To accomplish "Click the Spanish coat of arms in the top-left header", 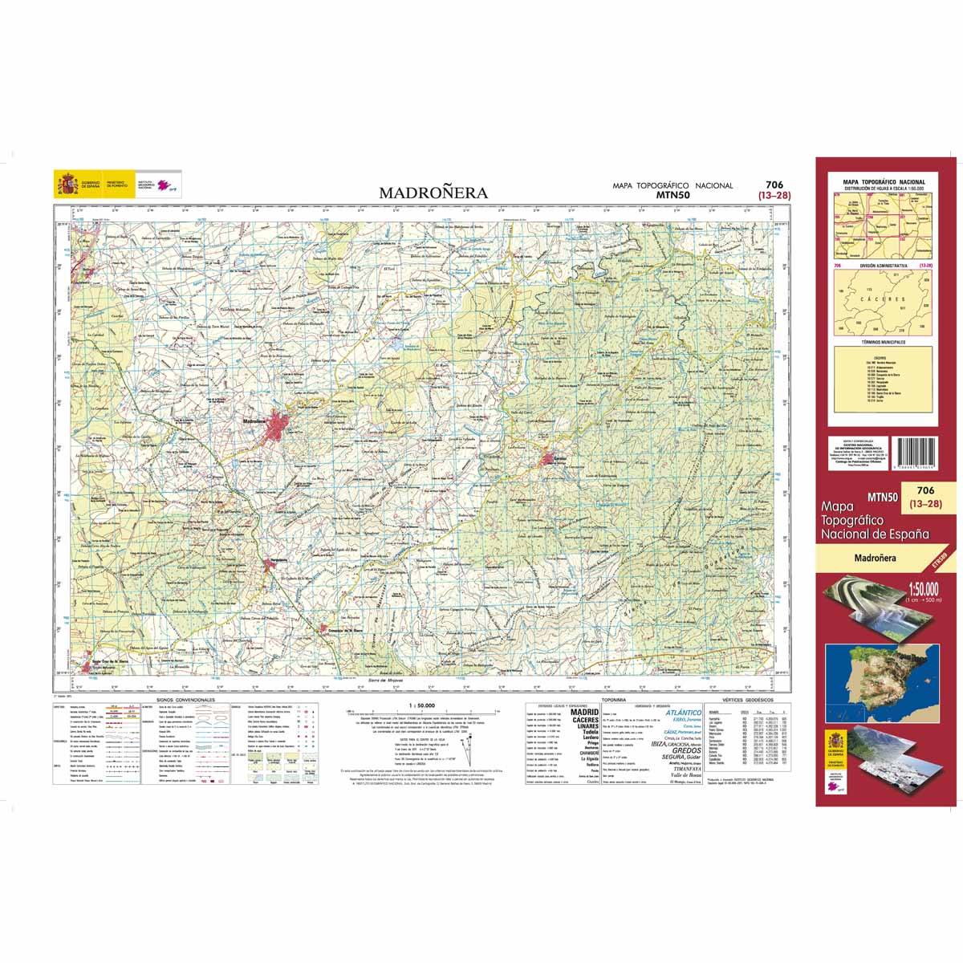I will point(63,185).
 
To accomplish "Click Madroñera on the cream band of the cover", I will point(876,557).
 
